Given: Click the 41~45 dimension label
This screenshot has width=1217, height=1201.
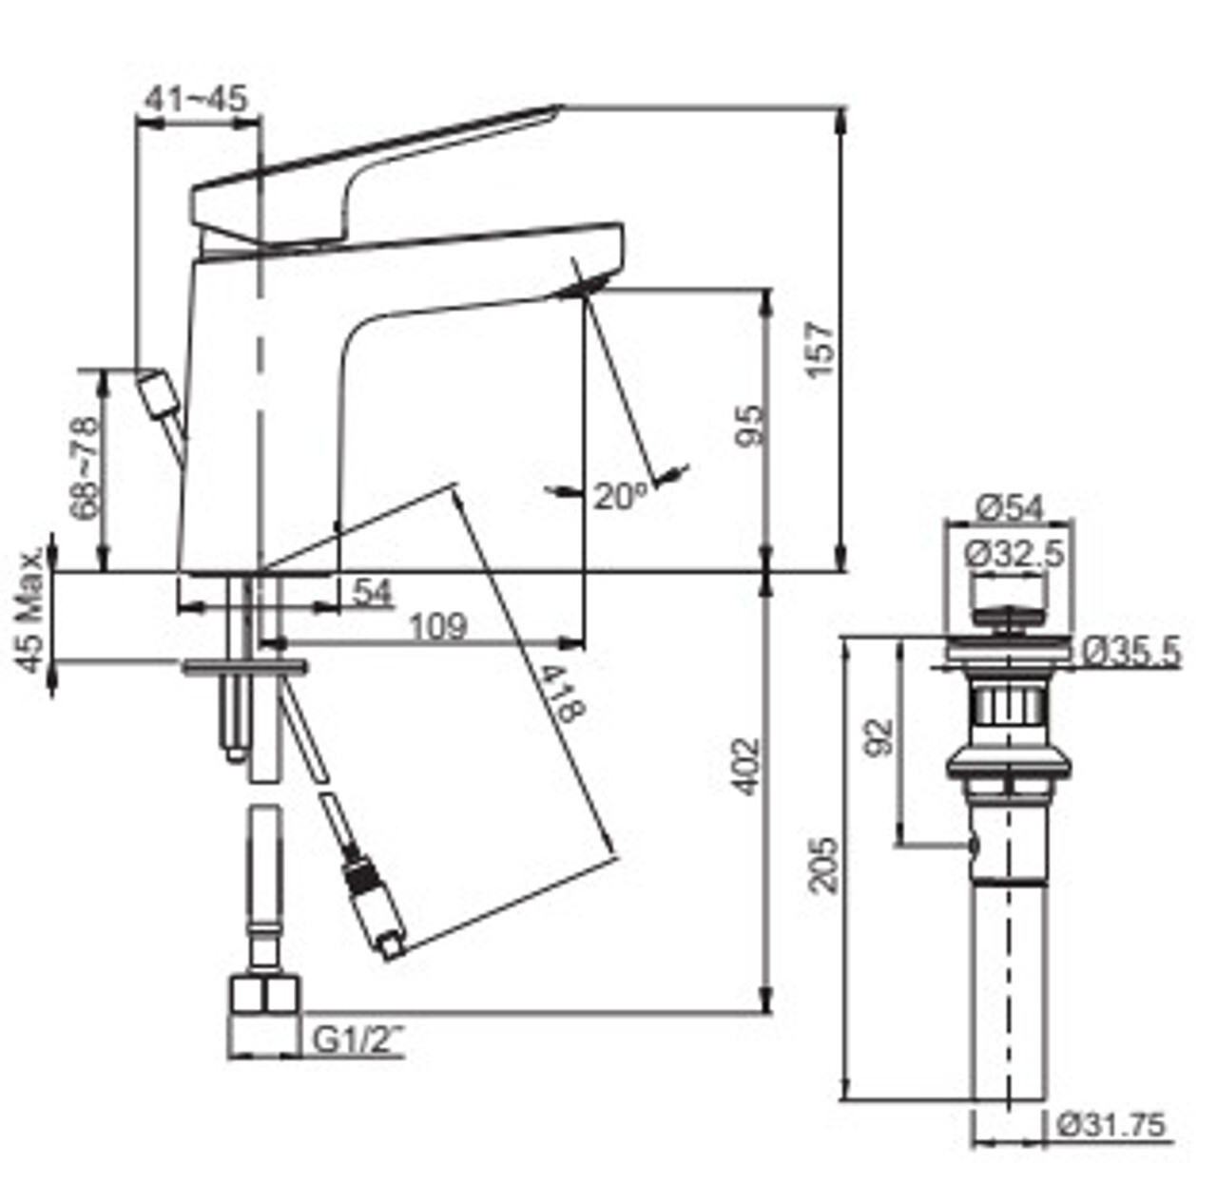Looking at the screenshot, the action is pos(196,99).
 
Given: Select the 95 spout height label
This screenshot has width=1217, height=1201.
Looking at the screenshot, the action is pos(749,426).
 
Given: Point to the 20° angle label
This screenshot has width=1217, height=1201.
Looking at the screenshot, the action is pos(621,496).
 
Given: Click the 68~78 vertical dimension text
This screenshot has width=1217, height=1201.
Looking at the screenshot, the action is pos(85,467).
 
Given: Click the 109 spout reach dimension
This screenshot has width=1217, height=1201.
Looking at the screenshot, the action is pos(438,626).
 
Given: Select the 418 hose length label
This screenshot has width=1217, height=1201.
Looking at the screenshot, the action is pos(562,694).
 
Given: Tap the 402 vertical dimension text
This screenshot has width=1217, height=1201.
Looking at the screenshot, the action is pos(745,767).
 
